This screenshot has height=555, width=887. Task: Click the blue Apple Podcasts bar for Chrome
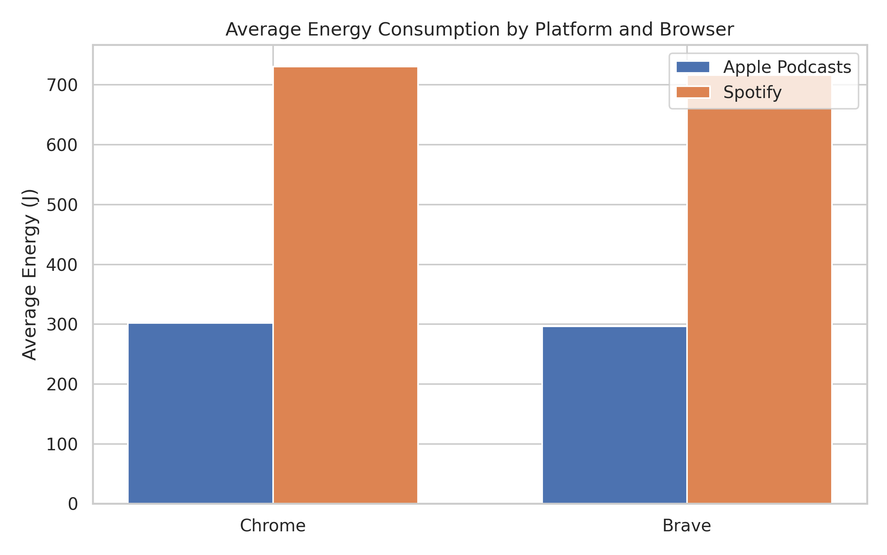200,413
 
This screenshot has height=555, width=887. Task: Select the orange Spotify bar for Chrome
346,285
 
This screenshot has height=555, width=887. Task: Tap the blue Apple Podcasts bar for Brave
614,415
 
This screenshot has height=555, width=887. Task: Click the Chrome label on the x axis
273,526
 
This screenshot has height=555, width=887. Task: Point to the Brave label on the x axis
687,526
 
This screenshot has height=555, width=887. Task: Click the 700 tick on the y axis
62,85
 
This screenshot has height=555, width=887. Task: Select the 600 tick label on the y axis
62,145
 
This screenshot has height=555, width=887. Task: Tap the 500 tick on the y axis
62,205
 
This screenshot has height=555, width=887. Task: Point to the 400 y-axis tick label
62,265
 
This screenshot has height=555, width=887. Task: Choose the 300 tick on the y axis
62,325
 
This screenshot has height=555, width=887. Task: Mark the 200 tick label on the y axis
62,385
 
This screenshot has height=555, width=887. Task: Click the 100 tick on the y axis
62,445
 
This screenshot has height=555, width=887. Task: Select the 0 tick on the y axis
73,504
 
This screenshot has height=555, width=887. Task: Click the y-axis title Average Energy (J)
30,275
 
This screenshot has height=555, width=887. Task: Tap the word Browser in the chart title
697,30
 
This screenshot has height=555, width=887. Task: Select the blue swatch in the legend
693,67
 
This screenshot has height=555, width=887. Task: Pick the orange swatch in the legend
693,92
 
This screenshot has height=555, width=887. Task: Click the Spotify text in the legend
752,92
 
